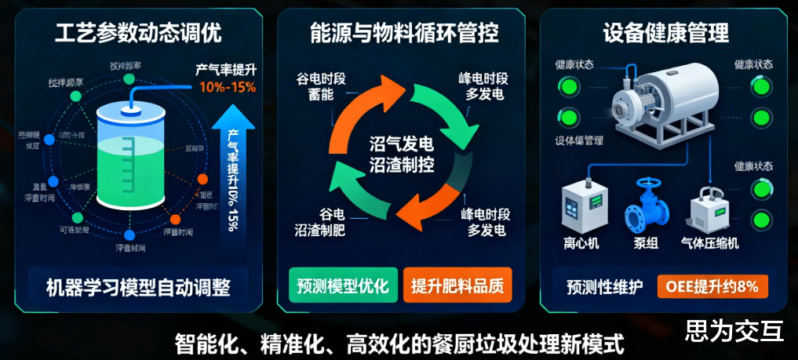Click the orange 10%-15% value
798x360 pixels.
(227, 87)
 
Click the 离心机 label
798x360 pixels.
(581, 243)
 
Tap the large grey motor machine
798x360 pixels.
(667, 98)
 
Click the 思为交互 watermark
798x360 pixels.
(734, 331)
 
